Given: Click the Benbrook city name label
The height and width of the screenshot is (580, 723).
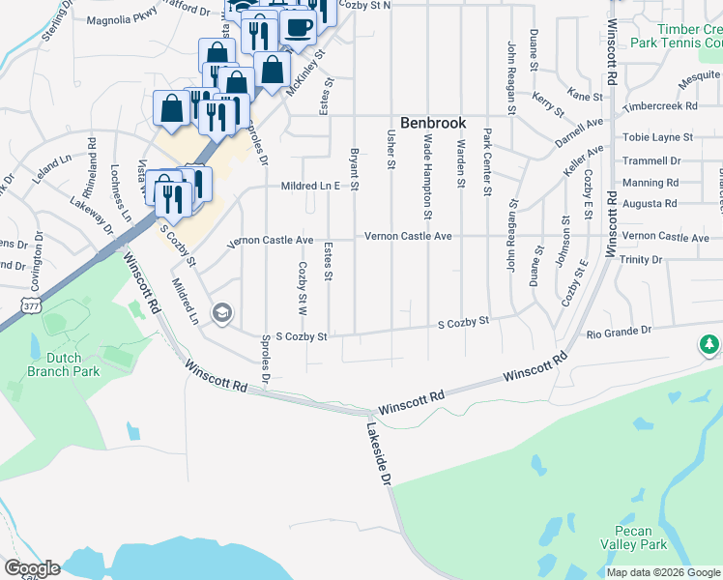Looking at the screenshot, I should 433,124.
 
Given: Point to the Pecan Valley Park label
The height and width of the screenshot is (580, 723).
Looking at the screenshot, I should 640,538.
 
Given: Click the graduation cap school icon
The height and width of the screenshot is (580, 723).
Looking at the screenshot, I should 221,313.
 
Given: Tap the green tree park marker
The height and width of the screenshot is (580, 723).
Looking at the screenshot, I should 709,345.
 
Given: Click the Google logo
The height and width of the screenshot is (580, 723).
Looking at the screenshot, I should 32,568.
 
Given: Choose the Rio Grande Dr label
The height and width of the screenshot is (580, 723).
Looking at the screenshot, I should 620,332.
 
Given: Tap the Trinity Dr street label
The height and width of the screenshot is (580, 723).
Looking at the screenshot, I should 643,259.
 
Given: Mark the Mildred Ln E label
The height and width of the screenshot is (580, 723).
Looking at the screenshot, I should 311,186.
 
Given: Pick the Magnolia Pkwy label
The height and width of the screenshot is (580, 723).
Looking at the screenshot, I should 121,19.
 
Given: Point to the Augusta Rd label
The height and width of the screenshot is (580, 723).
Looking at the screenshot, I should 651,203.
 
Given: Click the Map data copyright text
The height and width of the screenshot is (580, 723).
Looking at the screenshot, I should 662,572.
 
